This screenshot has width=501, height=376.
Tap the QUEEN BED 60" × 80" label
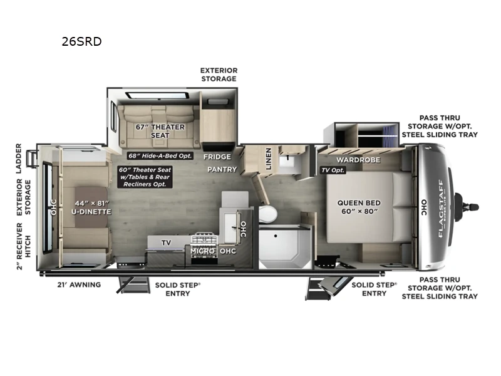click(365, 207)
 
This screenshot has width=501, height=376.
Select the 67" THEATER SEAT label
click(160, 131)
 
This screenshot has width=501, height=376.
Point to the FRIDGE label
click(217, 157)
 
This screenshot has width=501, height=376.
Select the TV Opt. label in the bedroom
click(333, 170)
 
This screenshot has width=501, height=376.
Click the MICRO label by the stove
click(204, 251)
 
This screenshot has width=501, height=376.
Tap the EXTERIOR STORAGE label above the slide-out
click(219, 75)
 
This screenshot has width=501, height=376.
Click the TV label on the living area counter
click(166, 242)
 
